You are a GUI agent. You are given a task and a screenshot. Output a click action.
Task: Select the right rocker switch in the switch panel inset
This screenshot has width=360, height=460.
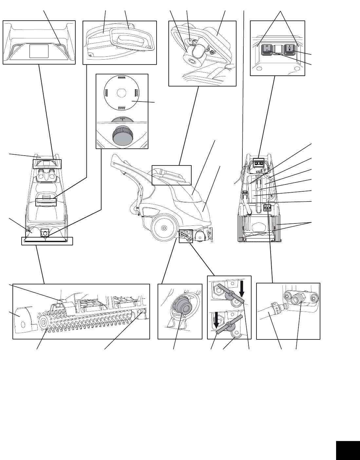point(290,49)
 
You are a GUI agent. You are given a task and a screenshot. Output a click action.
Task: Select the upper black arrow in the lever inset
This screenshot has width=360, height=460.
point(242,287)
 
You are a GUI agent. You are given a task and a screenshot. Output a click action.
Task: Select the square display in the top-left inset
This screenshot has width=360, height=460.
point(39,51)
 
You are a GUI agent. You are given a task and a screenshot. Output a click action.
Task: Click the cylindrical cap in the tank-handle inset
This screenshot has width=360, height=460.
point(190,61)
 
